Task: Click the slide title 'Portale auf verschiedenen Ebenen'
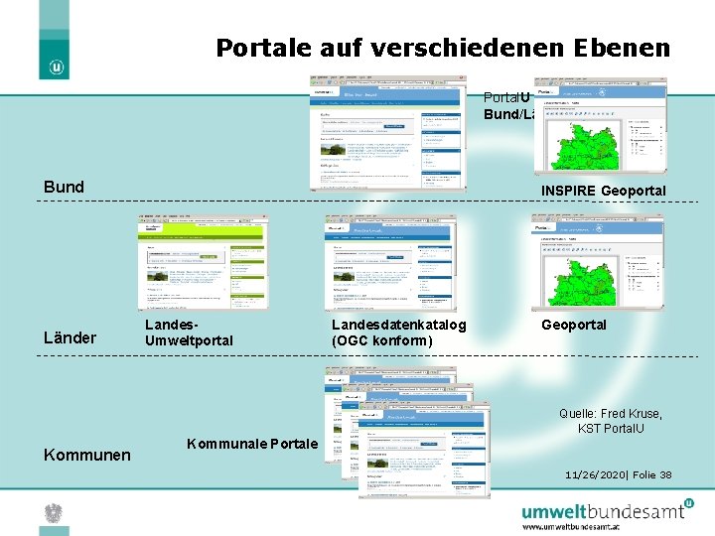[443, 48]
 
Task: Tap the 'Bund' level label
[65, 187]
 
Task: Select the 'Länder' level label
[71, 337]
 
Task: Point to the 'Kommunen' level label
[87, 455]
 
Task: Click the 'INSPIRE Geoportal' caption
[603, 190]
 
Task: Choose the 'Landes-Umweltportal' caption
[189, 333]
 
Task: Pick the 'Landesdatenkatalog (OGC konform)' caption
[398, 333]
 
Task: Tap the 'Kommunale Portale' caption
[252, 444]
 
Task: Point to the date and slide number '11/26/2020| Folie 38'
[618, 474]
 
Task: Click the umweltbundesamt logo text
[603, 510]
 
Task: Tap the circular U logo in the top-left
[57, 67]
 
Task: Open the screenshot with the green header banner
[202, 263]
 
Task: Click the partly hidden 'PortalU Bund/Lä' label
[509, 106]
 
